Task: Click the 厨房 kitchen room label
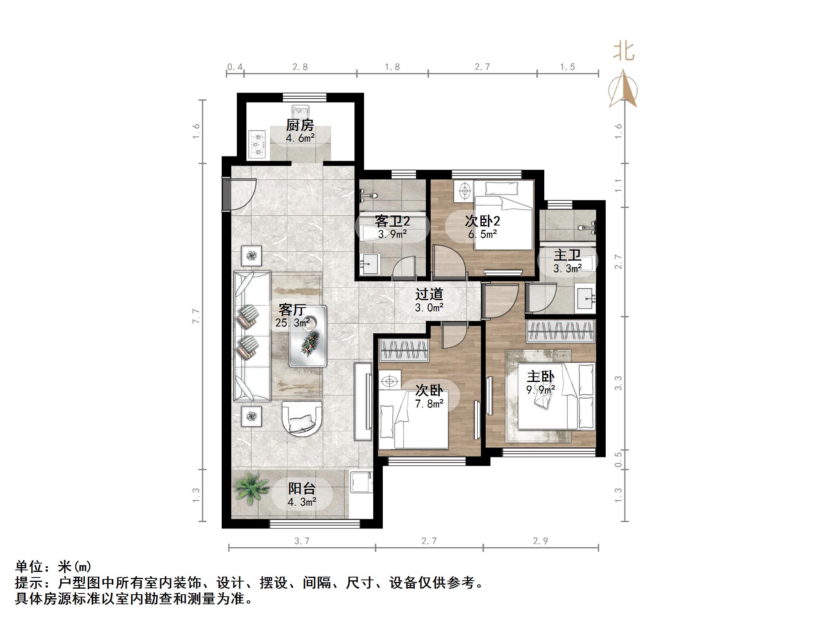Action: point(300,125)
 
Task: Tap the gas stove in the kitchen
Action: point(258,144)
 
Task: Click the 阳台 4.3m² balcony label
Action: point(302,495)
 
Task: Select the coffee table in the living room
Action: point(308,336)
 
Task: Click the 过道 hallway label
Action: point(429,295)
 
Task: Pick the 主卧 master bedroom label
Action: point(541,377)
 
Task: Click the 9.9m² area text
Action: point(541,390)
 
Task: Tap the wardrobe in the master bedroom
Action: point(561,331)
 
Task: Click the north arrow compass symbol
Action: point(623,89)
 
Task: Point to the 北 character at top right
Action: point(624,52)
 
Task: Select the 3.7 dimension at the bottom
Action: point(302,541)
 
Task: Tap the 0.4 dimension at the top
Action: point(234,67)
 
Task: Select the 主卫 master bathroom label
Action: point(567,255)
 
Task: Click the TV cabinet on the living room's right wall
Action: point(363,401)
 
